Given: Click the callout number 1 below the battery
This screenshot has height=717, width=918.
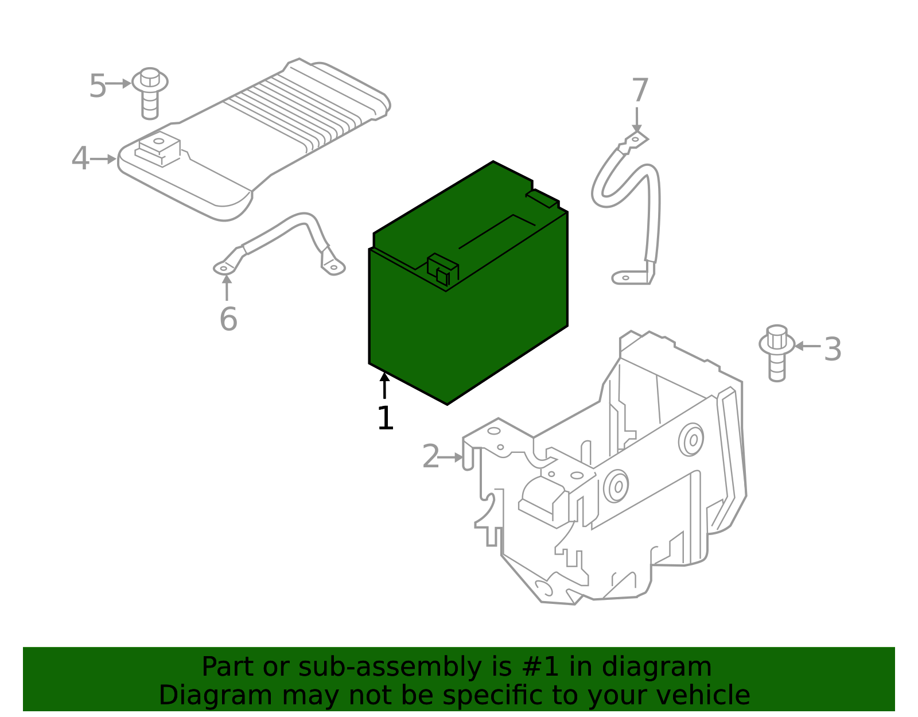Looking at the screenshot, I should (x=385, y=418).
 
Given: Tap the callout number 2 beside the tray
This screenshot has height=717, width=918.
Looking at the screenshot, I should (x=430, y=457).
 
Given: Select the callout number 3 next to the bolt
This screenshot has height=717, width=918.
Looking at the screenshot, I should (x=833, y=349).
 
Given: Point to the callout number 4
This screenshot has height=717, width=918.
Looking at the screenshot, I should (x=80, y=158).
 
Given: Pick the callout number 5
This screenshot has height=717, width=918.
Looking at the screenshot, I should (x=98, y=87).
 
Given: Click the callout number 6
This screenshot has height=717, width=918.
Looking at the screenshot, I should (x=228, y=320).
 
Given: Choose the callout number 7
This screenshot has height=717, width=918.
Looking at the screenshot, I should (x=640, y=91).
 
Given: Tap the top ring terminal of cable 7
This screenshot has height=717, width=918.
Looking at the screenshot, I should (x=635, y=140).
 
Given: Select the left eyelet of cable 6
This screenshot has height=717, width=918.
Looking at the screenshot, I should (x=223, y=268).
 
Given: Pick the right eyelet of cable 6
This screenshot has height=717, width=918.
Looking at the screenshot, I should (x=333, y=267).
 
